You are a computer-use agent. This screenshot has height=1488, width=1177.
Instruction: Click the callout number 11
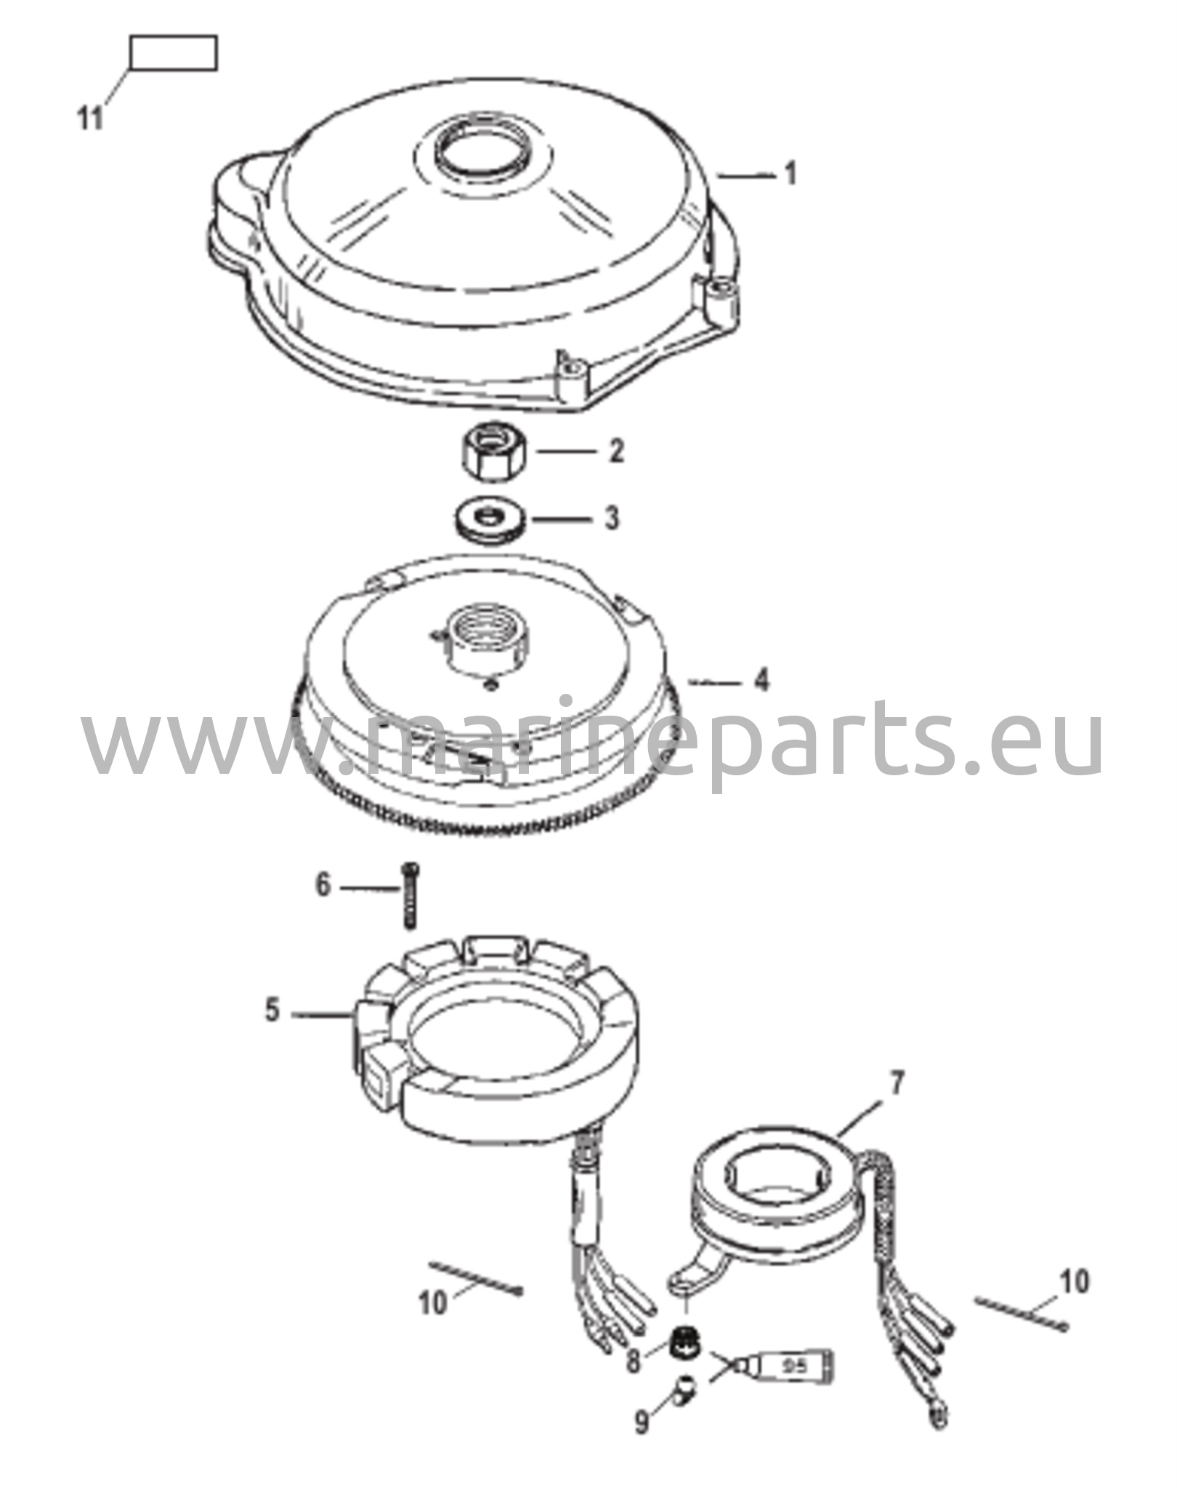click(x=91, y=118)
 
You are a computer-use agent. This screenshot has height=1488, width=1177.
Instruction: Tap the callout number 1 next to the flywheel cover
click(x=791, y=174)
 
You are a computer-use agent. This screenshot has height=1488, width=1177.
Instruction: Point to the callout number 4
click(x=761, y=681)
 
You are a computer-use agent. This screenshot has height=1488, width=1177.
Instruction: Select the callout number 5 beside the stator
click(x=272, y=1010)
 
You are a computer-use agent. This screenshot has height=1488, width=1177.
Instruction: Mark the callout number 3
click(x=612, y=519)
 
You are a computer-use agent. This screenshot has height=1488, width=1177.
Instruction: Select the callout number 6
click(x=323, y=886)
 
